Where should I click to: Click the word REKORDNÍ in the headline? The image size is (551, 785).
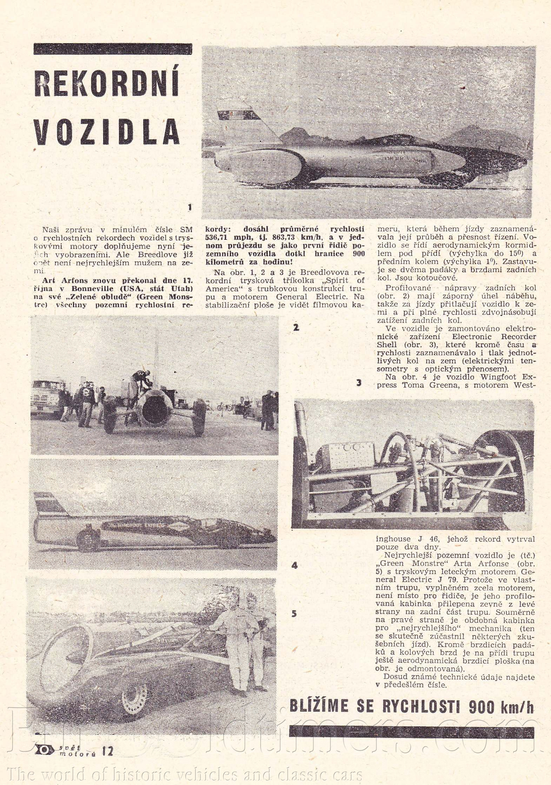coord(107,84)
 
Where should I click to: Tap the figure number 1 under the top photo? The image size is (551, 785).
coord(190,207)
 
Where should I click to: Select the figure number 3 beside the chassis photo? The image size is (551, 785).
coord(359,383)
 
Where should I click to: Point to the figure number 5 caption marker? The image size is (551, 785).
coord(294,613)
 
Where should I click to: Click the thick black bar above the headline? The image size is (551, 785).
coord(113,49)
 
